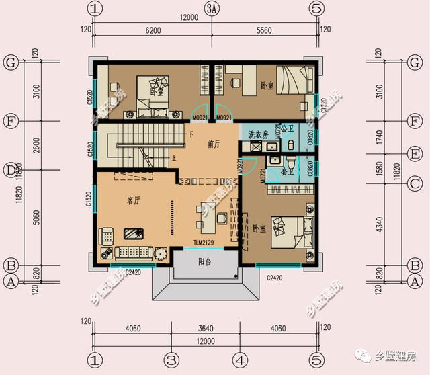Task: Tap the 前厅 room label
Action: pyautogui.click(x=215, y=143)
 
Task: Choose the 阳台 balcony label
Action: pyautogui.click(x=206, y=263)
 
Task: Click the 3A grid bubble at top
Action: pyautogui.click(x=212, y=9)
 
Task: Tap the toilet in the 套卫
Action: pyautogui.click(x=290, y=163)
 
